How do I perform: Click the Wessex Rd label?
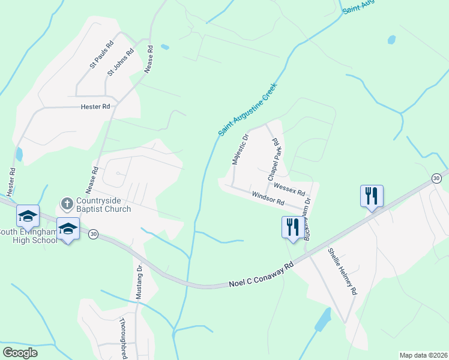pos(289,187)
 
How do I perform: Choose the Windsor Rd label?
pos(268,199)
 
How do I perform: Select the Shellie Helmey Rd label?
pos(343,272)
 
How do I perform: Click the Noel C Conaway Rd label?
pos(261,275)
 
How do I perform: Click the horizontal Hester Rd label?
pos(96,107)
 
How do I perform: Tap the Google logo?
pos(20,352)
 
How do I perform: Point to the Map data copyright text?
pos(423,355)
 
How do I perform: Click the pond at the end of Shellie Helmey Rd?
pos(322,321)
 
